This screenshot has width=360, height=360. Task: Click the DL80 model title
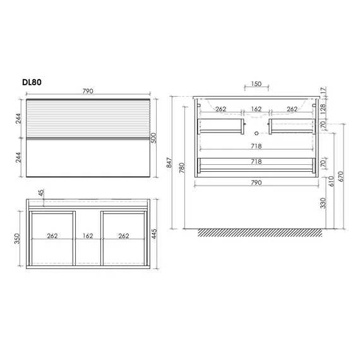coord(32,82)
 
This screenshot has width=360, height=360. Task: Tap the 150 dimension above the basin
coord(256,84)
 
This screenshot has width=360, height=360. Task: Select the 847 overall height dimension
coord(169,162)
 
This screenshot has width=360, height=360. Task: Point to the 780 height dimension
coord(182,168)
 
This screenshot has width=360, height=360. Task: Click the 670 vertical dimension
coord(340,177)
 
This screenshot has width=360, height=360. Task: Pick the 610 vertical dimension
coord(331,181)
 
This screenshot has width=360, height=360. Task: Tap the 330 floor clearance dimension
coord(323,203)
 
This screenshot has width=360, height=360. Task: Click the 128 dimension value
coord(323,109)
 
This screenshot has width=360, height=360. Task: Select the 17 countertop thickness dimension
coord(323,90)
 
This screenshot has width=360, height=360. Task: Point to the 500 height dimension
coord(153,138)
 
